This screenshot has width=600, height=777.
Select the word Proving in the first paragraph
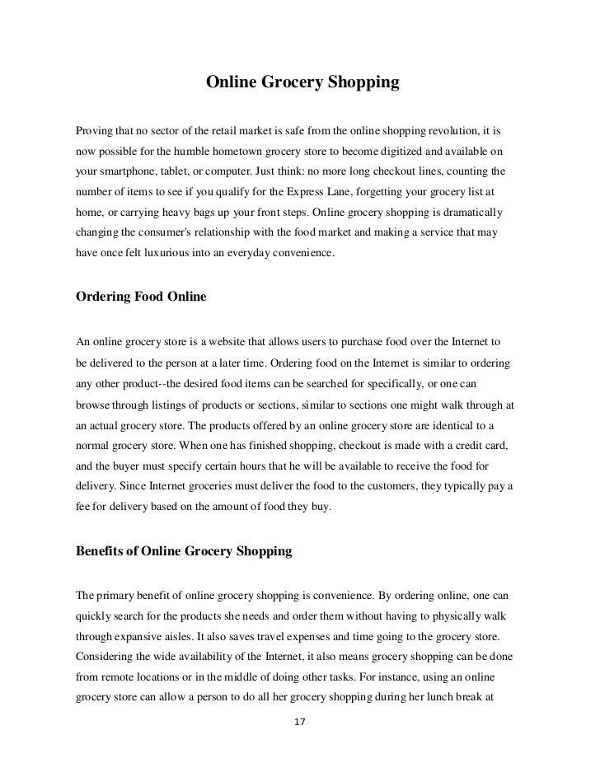pyautogui.click(x=95, y=132)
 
